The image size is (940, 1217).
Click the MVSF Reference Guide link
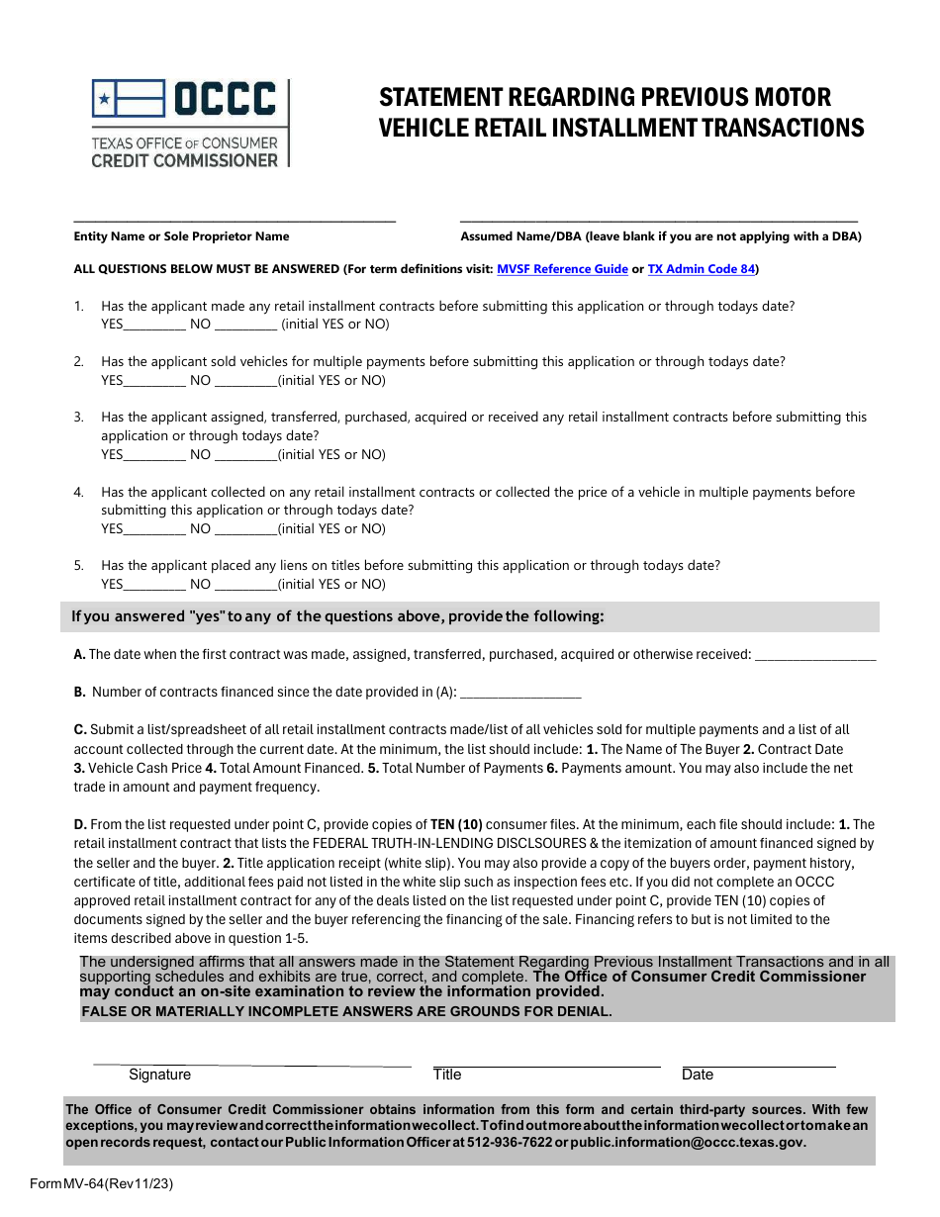562,269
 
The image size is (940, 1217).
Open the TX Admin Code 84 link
701,269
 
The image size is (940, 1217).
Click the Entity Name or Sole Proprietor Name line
235,220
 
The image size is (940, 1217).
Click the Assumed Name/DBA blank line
659,220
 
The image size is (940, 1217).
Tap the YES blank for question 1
154,326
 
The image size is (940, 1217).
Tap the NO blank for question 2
245,382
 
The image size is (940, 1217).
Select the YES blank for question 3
154,456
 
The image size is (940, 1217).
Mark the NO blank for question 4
245,530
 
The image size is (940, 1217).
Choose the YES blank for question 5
154,586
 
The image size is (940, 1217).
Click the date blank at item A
815,656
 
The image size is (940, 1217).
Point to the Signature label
159,1075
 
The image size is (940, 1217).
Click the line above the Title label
546,1066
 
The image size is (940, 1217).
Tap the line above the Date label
758,1066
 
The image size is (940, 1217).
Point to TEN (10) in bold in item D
456,824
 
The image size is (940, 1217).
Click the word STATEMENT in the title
439,97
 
